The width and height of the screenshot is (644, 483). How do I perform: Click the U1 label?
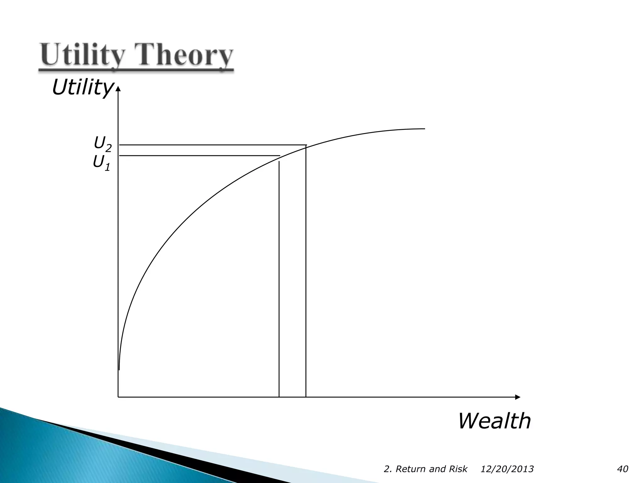(102, 163)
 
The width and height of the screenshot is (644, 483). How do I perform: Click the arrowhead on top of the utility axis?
(118, 90)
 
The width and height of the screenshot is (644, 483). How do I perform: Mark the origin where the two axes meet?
(118, 397)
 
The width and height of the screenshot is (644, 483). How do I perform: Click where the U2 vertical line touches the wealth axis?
(306, 397)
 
